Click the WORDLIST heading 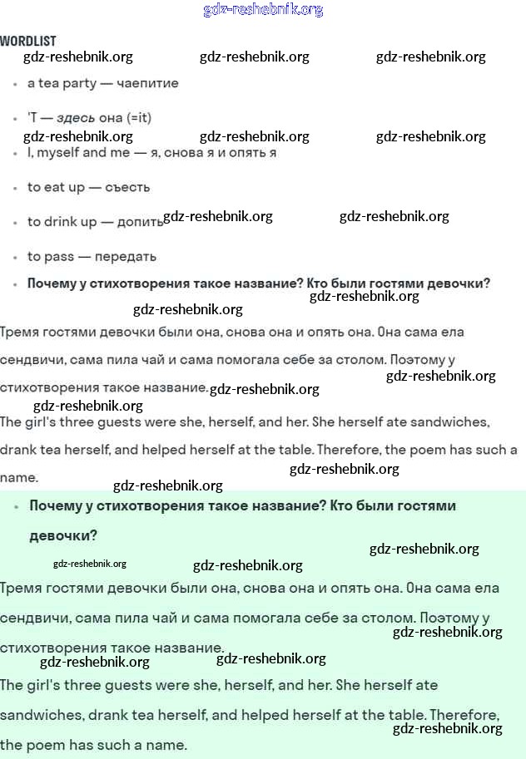pyautogui.click(x=28, y=41)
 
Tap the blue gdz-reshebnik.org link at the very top pyautogui.click(x=263, y=10)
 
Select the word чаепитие pyautogui.click(x=148, y=83)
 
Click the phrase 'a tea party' pyautogui.click(x=62, y=83)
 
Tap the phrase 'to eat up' pyautogui.click(x=56, y=187)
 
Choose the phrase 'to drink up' pyautogui.click(x=62, y=222)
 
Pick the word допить pyautogui.click(x=140, y=222)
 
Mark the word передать pyautogui.click(x=125, y=256)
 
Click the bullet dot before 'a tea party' pyautogui.click(x=15, y=84)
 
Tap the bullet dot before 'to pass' pyautogui.click(x=15, y=257)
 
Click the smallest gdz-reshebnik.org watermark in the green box pyautogui.click(x=89, y=564)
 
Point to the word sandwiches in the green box pyautogui.click(x=41, y=715)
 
